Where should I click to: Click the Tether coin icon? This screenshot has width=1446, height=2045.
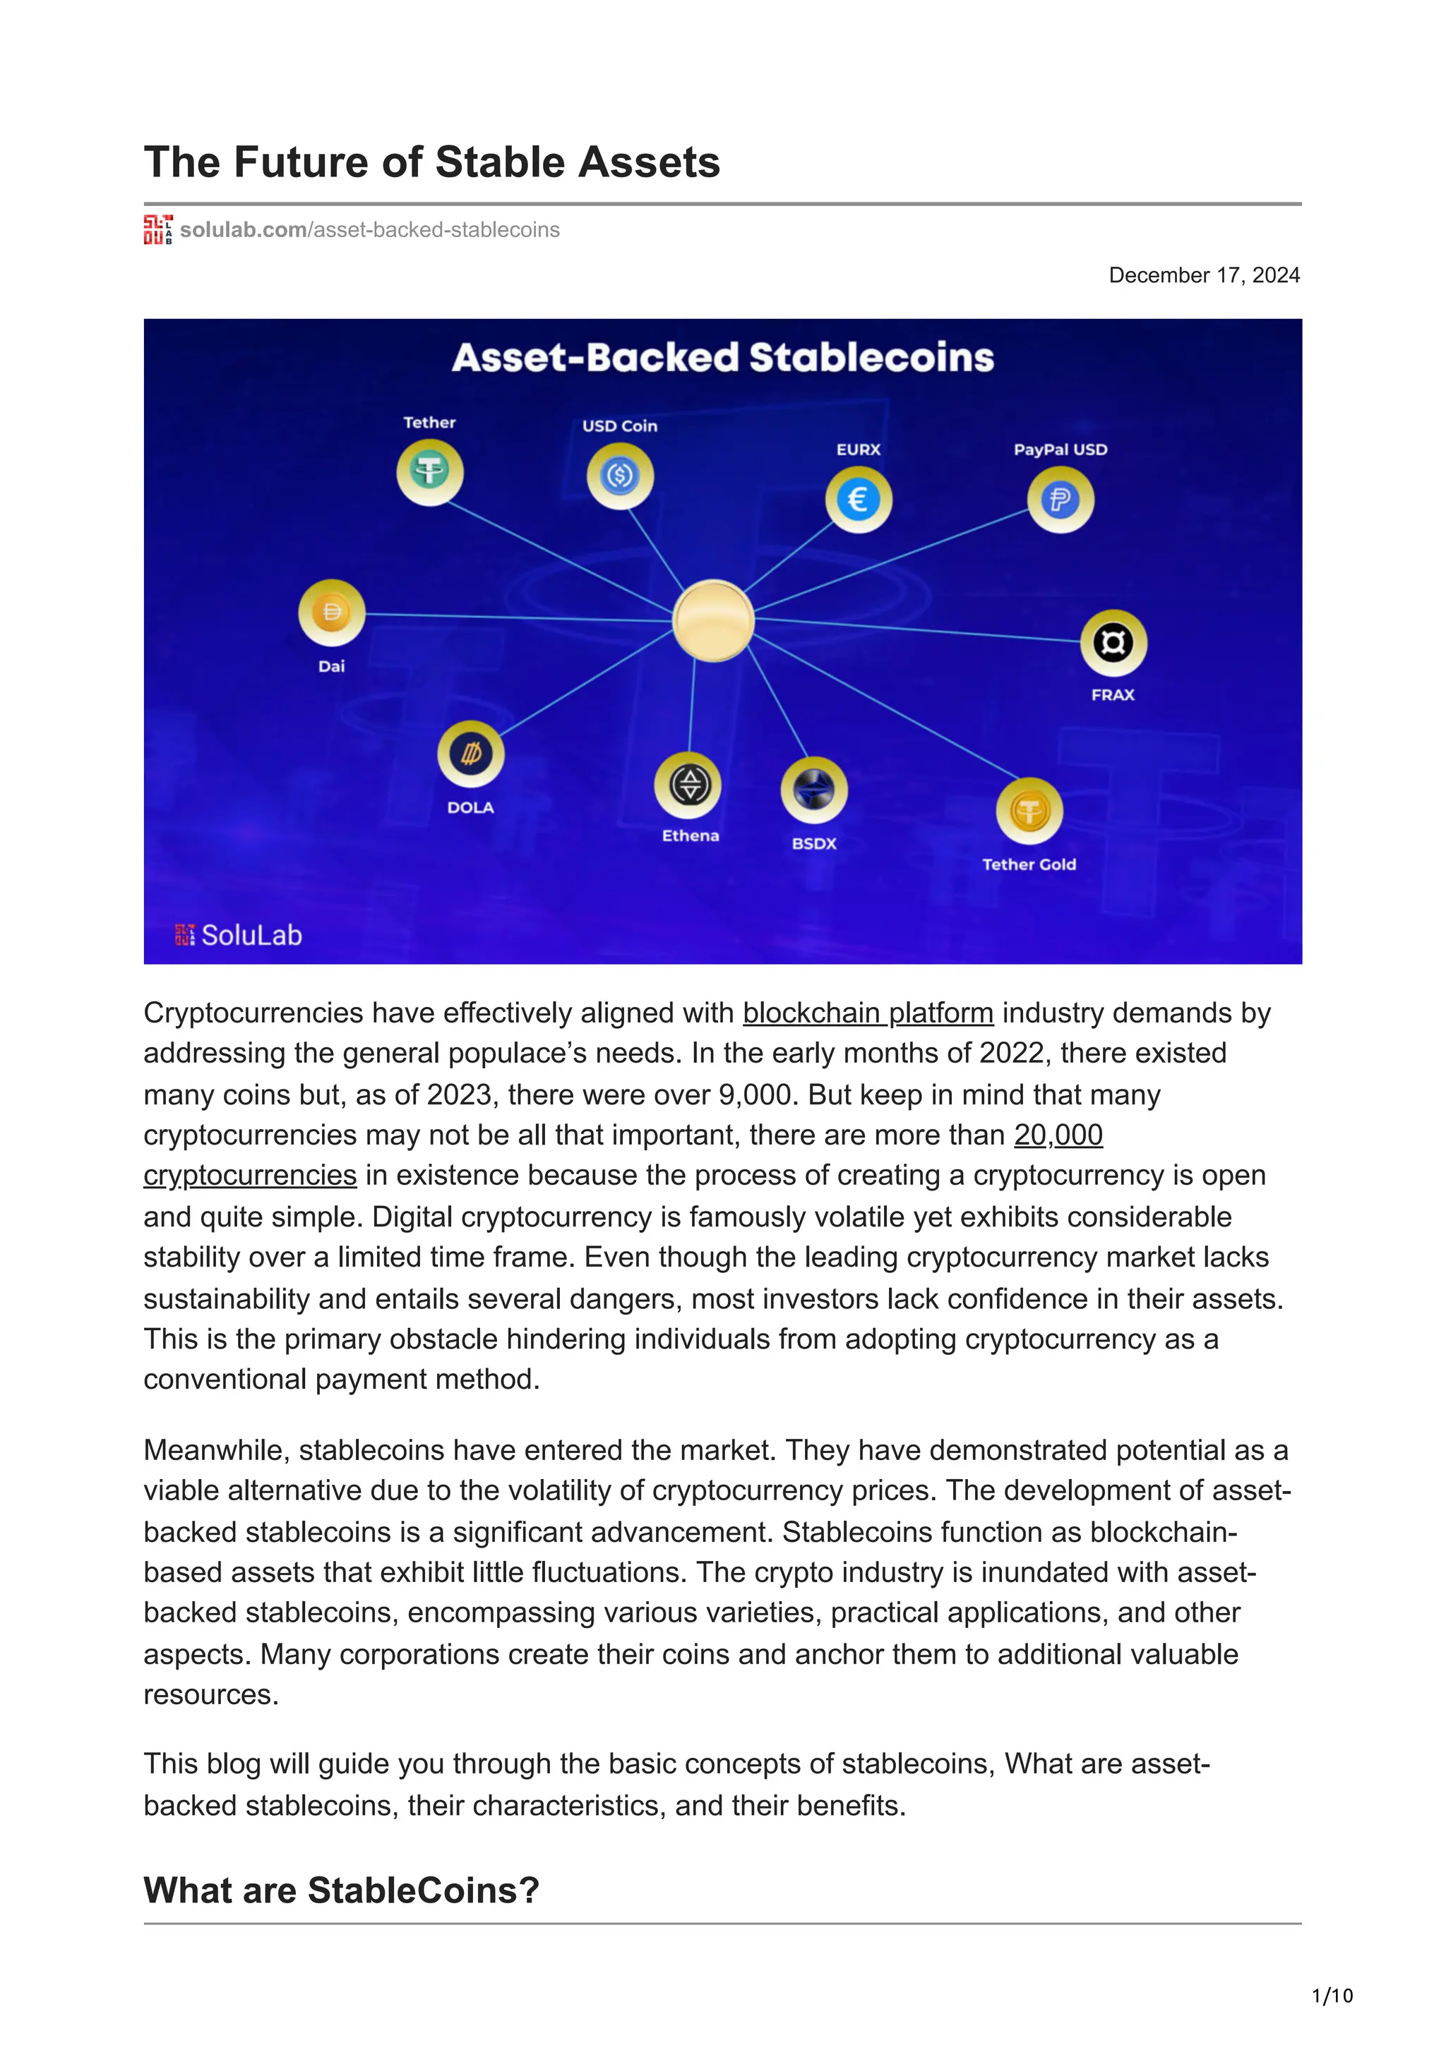point(429,471)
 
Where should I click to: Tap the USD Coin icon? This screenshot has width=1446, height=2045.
point(620,476)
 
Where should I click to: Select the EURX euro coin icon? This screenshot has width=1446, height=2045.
point(858,500)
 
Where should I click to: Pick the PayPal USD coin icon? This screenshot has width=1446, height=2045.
point(1060,500)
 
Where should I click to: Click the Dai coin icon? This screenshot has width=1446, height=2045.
point(331,613)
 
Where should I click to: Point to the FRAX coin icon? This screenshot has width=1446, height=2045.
point(1113,642)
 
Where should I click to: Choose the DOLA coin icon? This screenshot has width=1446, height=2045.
point(470,754)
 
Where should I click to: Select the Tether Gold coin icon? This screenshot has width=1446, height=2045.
point(1029,811)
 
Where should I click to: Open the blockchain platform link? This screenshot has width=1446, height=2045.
point(867,1013)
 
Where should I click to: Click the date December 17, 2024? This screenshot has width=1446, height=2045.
point(1204,275)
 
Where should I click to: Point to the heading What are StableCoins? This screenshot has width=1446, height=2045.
point(341,1890)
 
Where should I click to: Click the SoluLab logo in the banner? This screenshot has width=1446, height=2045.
point(239,934)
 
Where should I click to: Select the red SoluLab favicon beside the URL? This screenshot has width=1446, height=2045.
point(157,230)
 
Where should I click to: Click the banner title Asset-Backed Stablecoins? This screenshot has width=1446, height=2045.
point(722,357)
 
